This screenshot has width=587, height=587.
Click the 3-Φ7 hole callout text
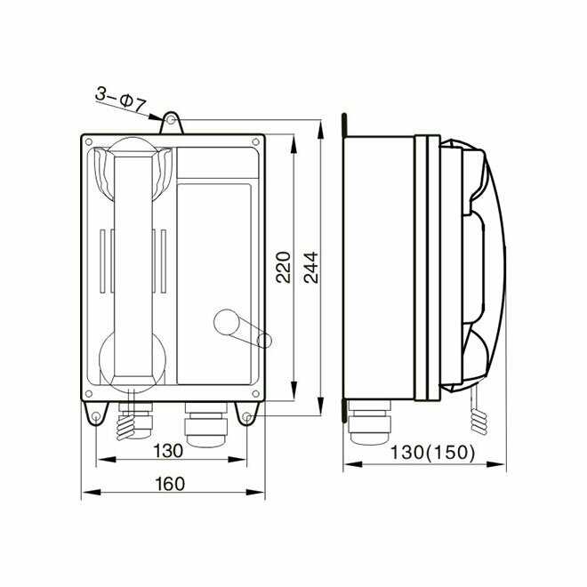tap(121, 99)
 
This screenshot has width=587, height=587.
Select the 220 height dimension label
tap(283, 268)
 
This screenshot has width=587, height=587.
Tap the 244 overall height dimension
tap(311, 268)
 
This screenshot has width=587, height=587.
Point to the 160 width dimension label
tap(170, 484)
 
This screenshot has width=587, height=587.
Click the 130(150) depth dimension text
tap(433, 452)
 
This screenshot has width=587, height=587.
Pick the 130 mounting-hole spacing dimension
tap(168, 451)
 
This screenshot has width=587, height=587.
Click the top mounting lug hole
tap(171, 120)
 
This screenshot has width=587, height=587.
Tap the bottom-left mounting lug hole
tap(95, 416)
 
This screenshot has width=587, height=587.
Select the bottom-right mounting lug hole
tap(246, 416)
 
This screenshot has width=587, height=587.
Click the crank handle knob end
tap(264, 341)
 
